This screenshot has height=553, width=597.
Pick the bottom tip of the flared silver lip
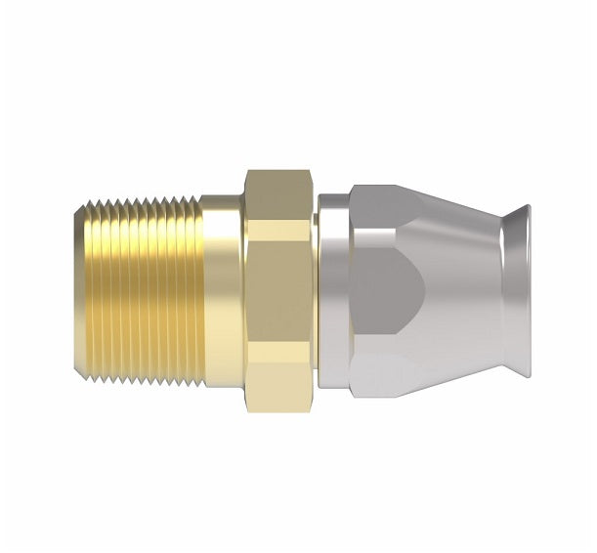[x=525, y=372]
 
